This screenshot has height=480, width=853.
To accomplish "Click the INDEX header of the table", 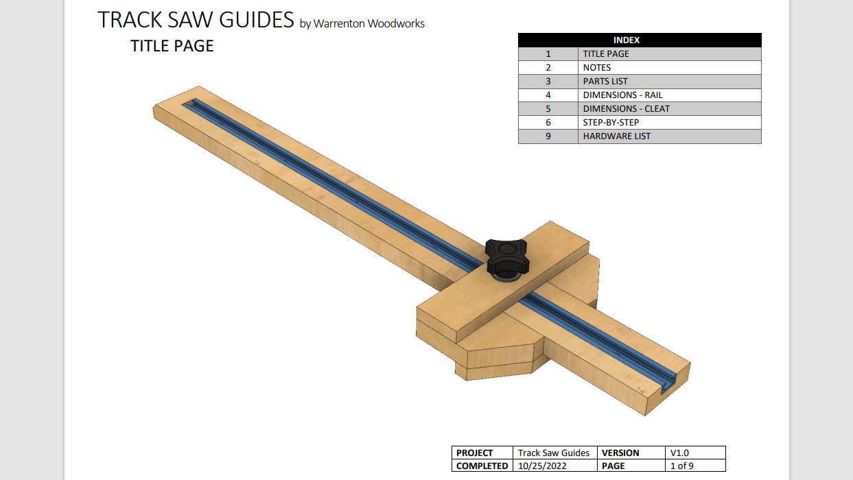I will coord(640,40).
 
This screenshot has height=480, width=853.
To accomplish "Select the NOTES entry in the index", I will coord(596,68).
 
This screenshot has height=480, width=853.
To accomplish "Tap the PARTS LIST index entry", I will coord(605,82).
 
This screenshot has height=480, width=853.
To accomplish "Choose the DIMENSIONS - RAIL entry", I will coord(622,95).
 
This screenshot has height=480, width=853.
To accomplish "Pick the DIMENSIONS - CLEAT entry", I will coord(626,109).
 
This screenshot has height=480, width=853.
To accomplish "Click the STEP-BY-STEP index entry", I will coord(611,123).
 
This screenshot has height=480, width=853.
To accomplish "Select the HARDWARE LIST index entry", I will coord(616,136).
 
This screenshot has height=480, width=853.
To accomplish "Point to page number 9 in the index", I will coord(548,136).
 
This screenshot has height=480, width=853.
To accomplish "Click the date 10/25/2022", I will coord(542,466).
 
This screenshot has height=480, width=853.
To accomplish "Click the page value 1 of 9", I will coord(682,466).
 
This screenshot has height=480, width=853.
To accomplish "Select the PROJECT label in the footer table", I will coord(475,453).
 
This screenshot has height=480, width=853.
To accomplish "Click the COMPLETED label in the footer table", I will coord(482,466).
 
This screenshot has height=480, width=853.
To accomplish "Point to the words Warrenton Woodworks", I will coord(369,24).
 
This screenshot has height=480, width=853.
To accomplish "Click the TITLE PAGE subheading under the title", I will coord(172,47).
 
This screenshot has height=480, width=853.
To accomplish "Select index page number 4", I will coord(548,95).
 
